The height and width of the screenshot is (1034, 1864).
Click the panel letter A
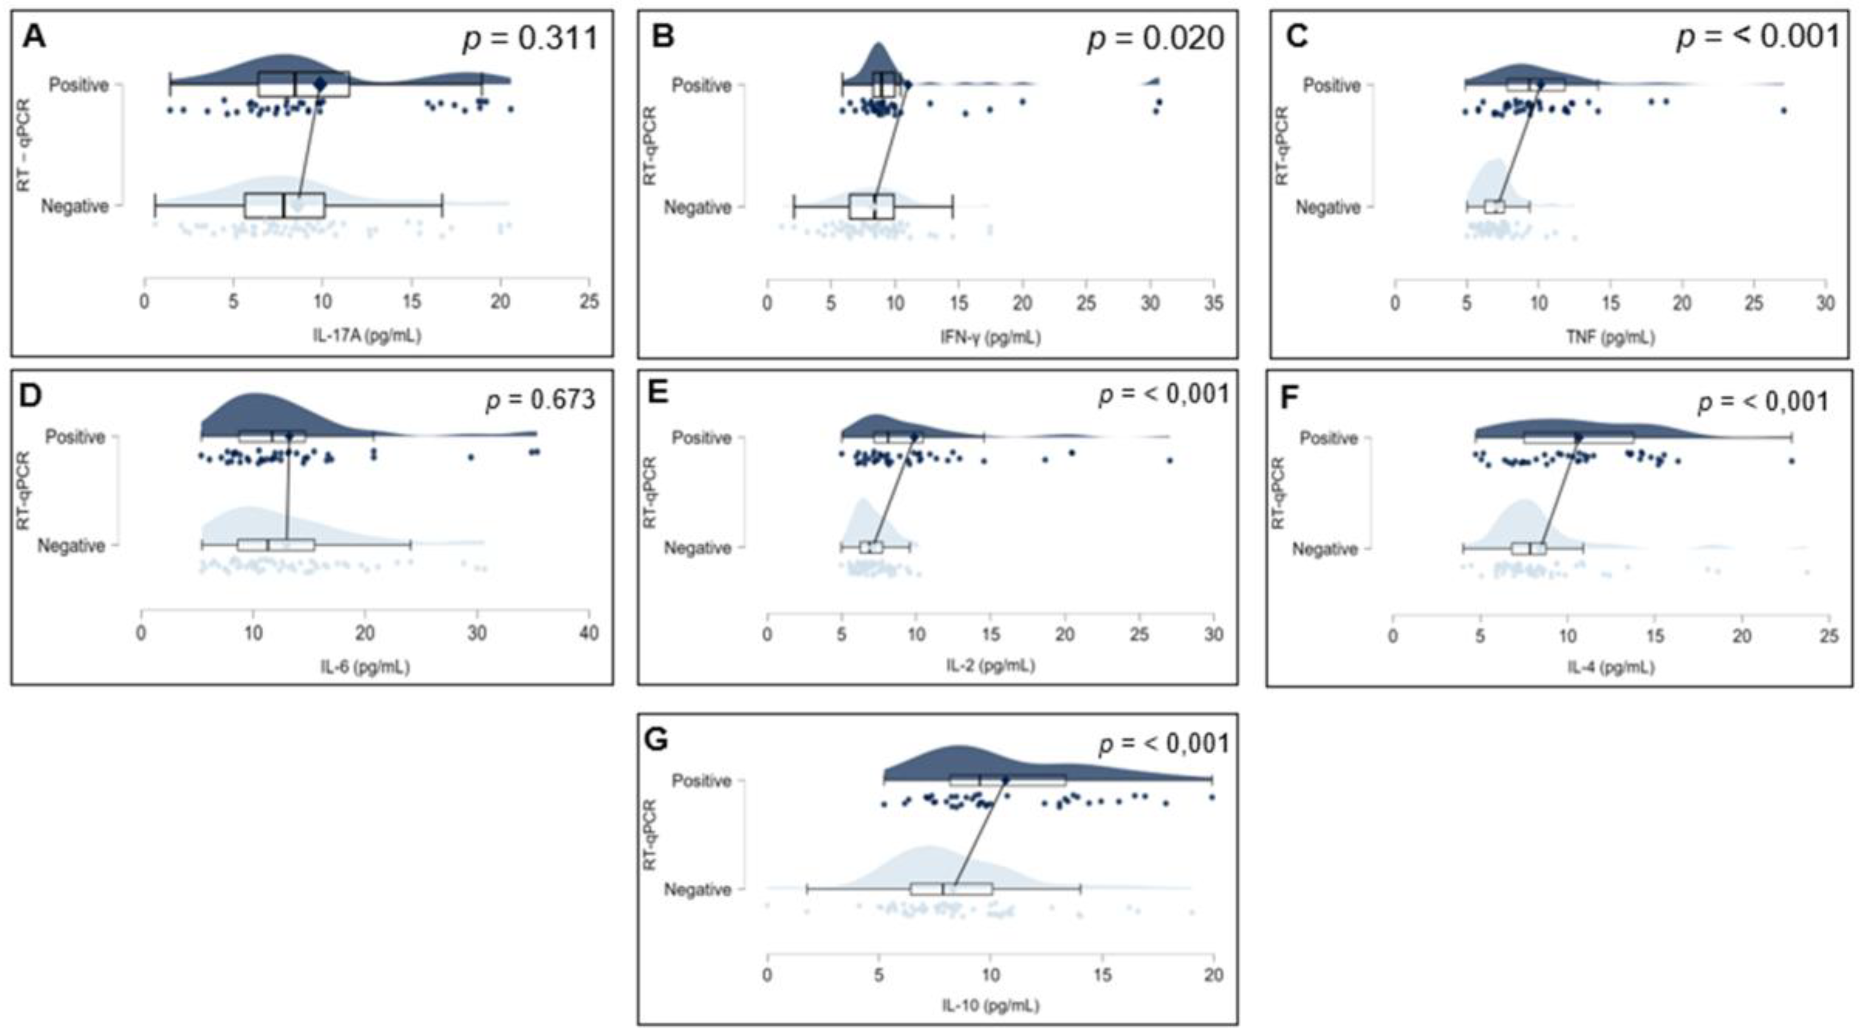33,36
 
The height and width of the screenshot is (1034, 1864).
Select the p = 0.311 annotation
531,38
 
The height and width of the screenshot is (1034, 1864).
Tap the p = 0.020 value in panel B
1156,38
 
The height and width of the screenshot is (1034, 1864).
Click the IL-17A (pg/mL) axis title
367,335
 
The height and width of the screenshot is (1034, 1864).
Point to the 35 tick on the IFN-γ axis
1213,302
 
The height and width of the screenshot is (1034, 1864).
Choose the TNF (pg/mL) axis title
1610,336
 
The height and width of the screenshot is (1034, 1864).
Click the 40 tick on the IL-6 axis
589,633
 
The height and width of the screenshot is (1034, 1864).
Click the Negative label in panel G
698,889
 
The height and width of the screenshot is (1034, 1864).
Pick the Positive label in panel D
75,436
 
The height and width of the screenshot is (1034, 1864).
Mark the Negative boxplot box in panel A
284,206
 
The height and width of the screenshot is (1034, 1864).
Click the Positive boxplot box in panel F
1578,438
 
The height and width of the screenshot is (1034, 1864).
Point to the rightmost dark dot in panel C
1784,110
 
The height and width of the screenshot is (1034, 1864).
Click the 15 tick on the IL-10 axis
1102,975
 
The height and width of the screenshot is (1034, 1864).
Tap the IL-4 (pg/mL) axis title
1611,667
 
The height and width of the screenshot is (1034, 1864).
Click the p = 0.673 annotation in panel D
540,399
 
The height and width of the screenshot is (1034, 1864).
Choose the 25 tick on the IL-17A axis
589,301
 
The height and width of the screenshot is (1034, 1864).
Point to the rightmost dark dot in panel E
1170,460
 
